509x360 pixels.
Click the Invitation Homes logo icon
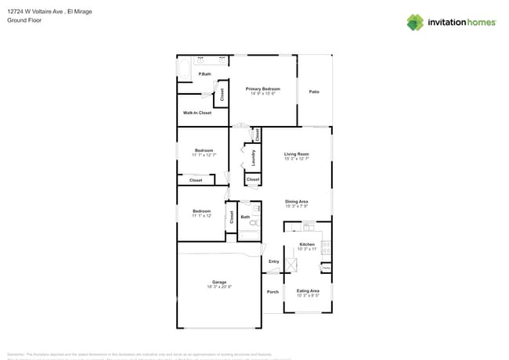415,22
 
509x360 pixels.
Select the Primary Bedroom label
262,88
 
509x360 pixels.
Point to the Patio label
314,92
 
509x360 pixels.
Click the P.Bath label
204,74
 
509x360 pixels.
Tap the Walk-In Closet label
197,113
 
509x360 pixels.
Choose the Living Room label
296,154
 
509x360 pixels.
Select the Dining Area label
296,201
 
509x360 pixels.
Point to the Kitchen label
307,244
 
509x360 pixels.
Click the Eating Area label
308,290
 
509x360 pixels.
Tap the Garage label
219,282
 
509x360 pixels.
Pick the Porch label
273,292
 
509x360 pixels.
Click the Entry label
274,261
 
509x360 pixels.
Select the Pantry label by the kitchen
326,268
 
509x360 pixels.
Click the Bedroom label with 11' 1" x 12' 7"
204,150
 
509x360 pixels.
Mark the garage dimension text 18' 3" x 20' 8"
219,286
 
